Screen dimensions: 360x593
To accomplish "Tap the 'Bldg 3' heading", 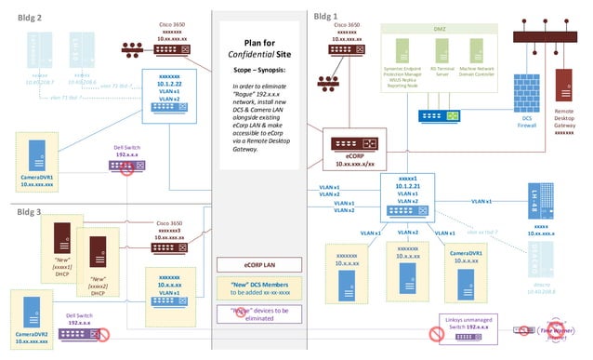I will [x=21, y=212].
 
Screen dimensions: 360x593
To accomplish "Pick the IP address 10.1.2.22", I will [x=168, y=82].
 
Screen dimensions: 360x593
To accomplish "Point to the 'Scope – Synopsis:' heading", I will [x=262, y=70].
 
